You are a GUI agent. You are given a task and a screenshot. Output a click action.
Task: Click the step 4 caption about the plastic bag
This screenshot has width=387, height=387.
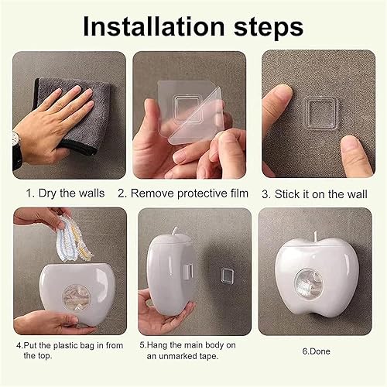coord(66,350)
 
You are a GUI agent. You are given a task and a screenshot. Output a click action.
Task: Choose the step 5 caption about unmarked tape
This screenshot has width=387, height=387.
coord(188,350)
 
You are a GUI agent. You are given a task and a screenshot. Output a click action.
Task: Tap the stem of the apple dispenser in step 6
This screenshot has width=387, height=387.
coord(319,235)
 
